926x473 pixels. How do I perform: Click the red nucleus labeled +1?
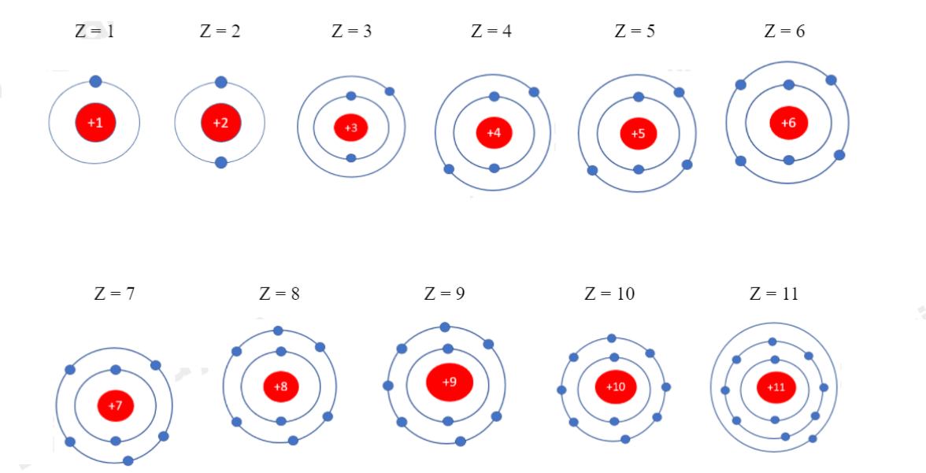(95, 123)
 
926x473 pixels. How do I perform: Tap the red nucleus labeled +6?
(788, 123)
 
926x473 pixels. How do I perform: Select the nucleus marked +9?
(449, 382)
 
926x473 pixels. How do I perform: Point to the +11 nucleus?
(776, 387)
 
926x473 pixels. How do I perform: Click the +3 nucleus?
(351, 127)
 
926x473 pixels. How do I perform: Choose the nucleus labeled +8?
(281, 386)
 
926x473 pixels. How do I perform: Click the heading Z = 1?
(95, 32)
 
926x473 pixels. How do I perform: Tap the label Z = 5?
(635, 31)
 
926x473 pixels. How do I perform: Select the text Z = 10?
(609, 294)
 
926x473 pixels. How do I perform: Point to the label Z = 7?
(114, 294)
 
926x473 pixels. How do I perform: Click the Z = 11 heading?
(774, 294)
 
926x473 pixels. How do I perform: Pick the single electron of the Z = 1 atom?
(95, 81)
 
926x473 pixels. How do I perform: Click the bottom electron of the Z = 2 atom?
(221, 163)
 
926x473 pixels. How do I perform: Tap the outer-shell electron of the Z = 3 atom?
(390, 91)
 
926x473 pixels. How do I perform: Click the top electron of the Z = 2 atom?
(221, 82)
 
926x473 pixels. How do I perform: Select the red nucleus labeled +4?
(494, 132)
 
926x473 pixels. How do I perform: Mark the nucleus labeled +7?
(116, 405)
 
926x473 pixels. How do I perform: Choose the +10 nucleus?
(615, 386)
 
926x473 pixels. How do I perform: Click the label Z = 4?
(491, 31)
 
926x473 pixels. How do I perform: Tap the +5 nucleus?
(638, 133)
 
